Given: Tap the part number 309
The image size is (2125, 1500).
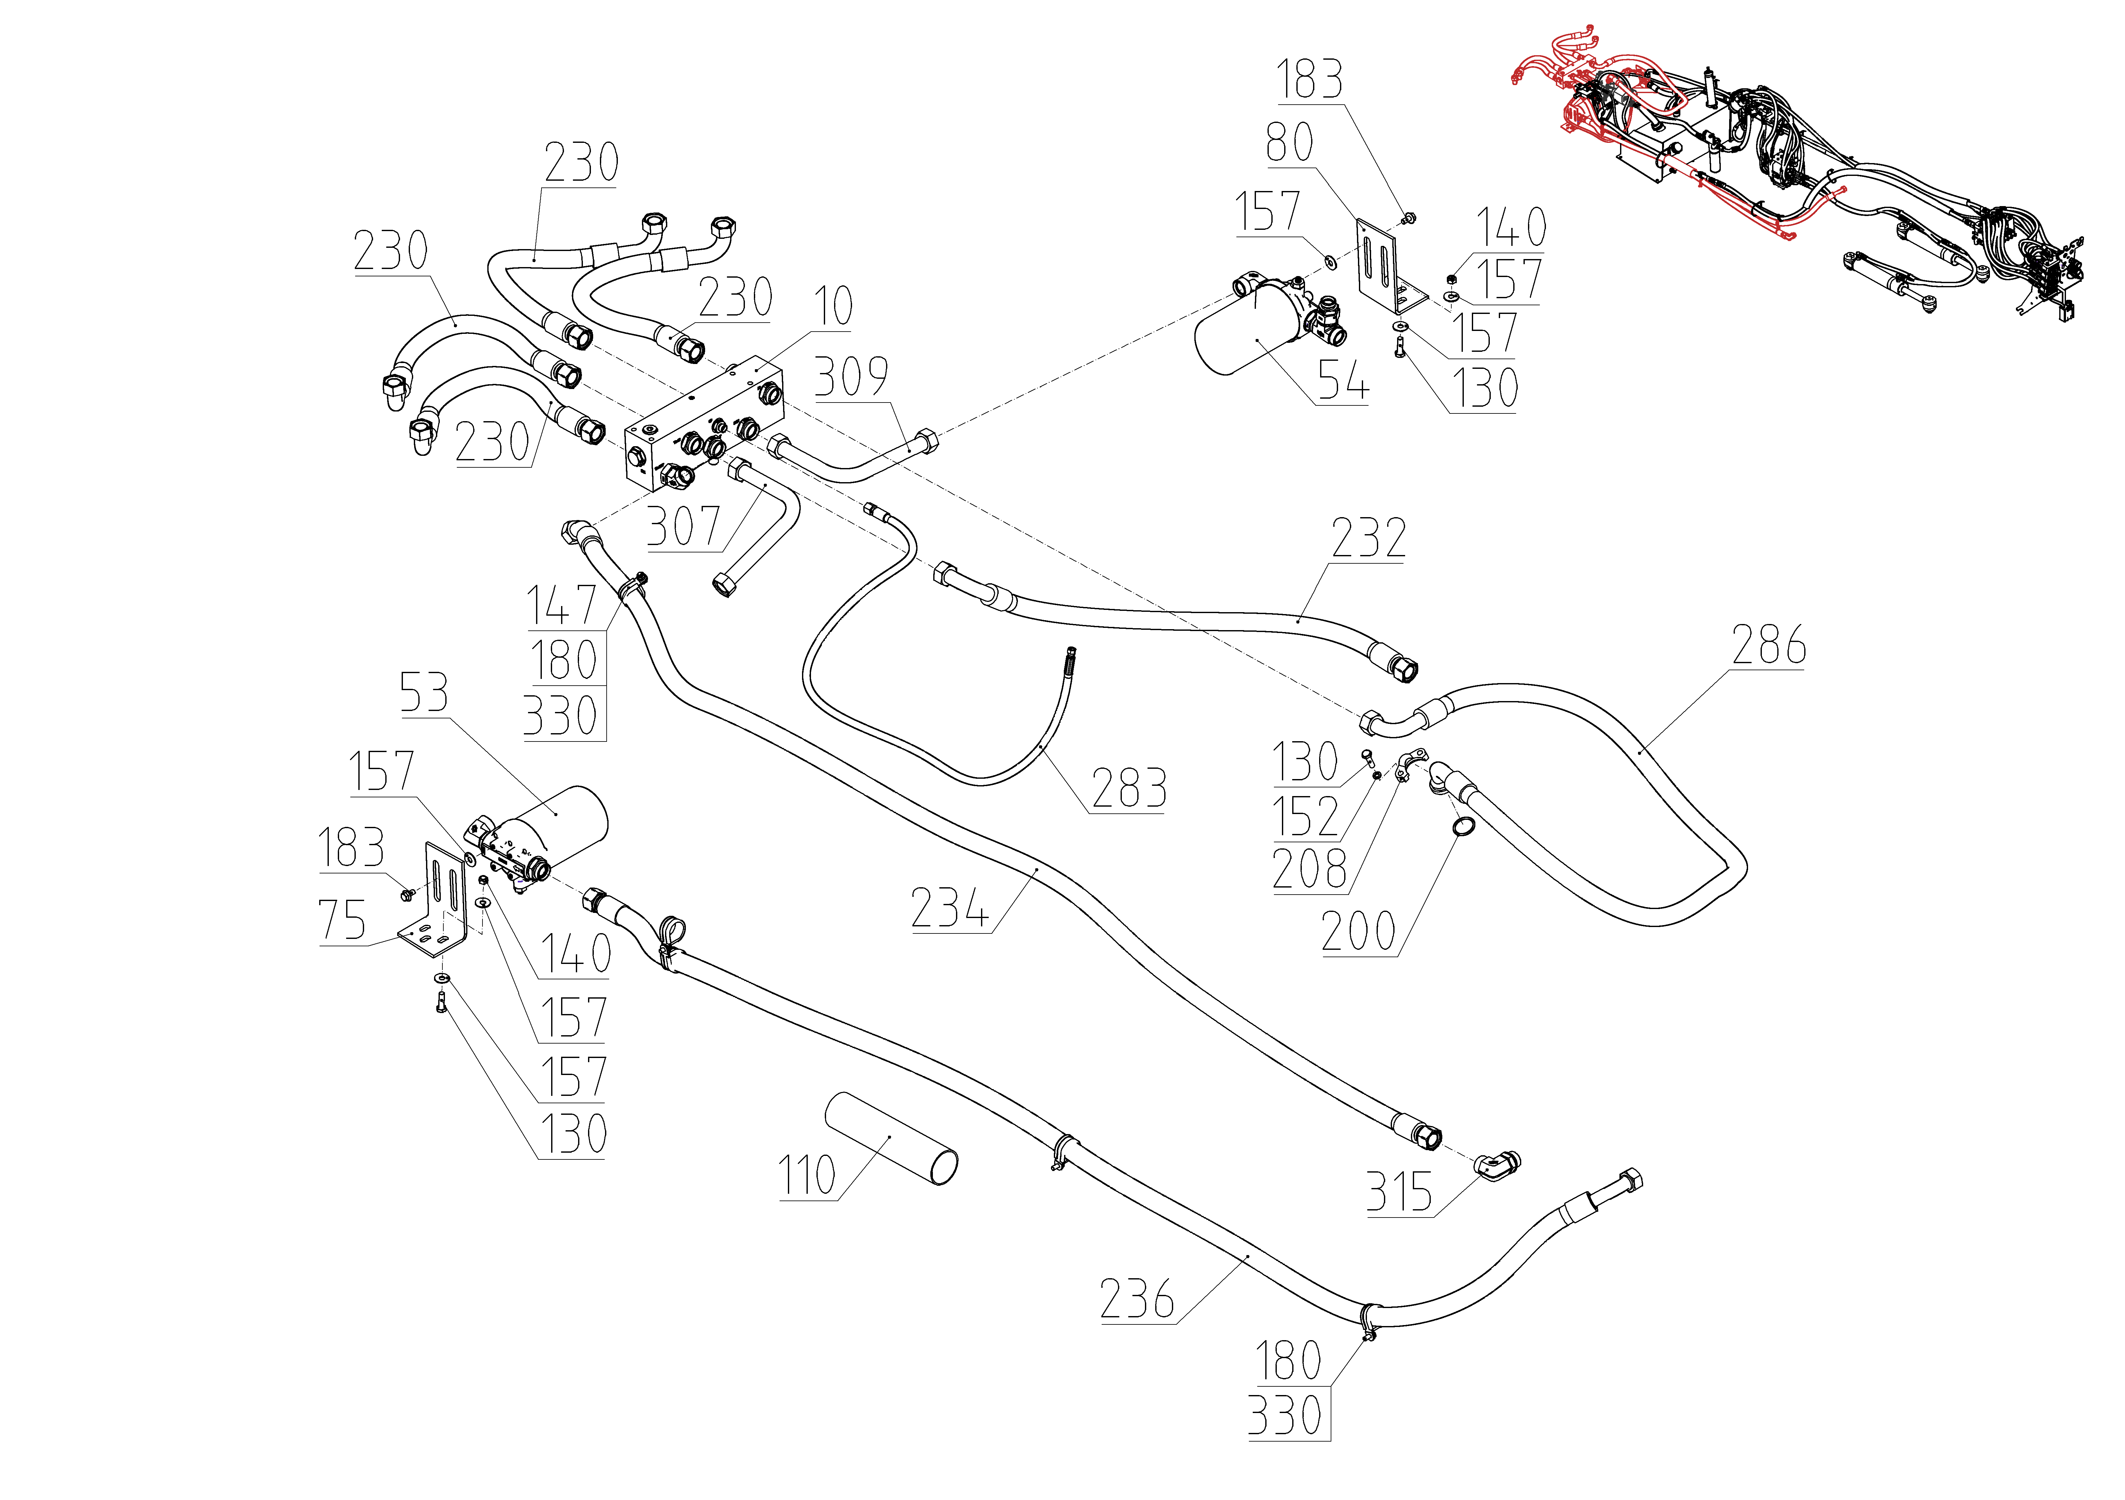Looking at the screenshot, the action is pyautogui.click(x=851, y=377).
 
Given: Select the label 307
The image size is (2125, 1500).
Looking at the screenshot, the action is pyautogui.click(x=683, y=527).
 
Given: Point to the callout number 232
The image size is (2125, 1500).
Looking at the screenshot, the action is pyautogui.click(x=1369, y=538).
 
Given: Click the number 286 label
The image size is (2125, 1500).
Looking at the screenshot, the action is pyautogui.click(x=1769, y=646).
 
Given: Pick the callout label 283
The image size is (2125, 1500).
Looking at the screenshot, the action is pyautogui.click(x=1128, y=789).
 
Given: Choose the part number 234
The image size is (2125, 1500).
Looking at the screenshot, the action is pyautogui.click(x=950, y=907).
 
